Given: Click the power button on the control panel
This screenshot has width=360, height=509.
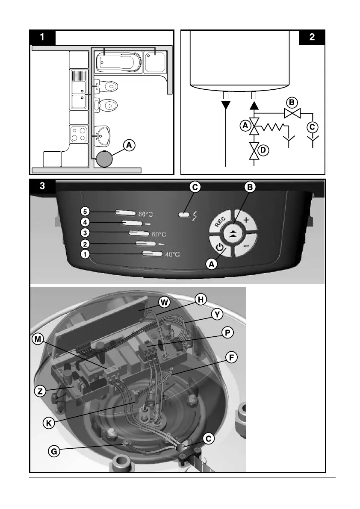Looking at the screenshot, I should tap(219, 247).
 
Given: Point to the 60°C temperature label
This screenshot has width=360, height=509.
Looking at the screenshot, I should tap(159, 234).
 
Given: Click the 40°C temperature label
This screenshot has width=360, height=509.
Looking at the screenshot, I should tap(172, 255).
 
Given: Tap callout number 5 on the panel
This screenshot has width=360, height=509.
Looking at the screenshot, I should tap(86, 211).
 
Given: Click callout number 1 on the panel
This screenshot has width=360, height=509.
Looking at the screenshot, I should tap(86, 254).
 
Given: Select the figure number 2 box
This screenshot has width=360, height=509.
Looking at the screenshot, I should tap(312, 37).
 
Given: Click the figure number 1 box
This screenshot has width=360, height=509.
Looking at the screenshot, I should tap(42, 37).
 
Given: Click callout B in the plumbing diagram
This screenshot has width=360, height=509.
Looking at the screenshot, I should tap(292, 103).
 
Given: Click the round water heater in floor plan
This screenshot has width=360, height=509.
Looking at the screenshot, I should tap(104, 159).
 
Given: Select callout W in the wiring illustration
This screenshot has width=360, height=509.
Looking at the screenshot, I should tap(163, 302).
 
